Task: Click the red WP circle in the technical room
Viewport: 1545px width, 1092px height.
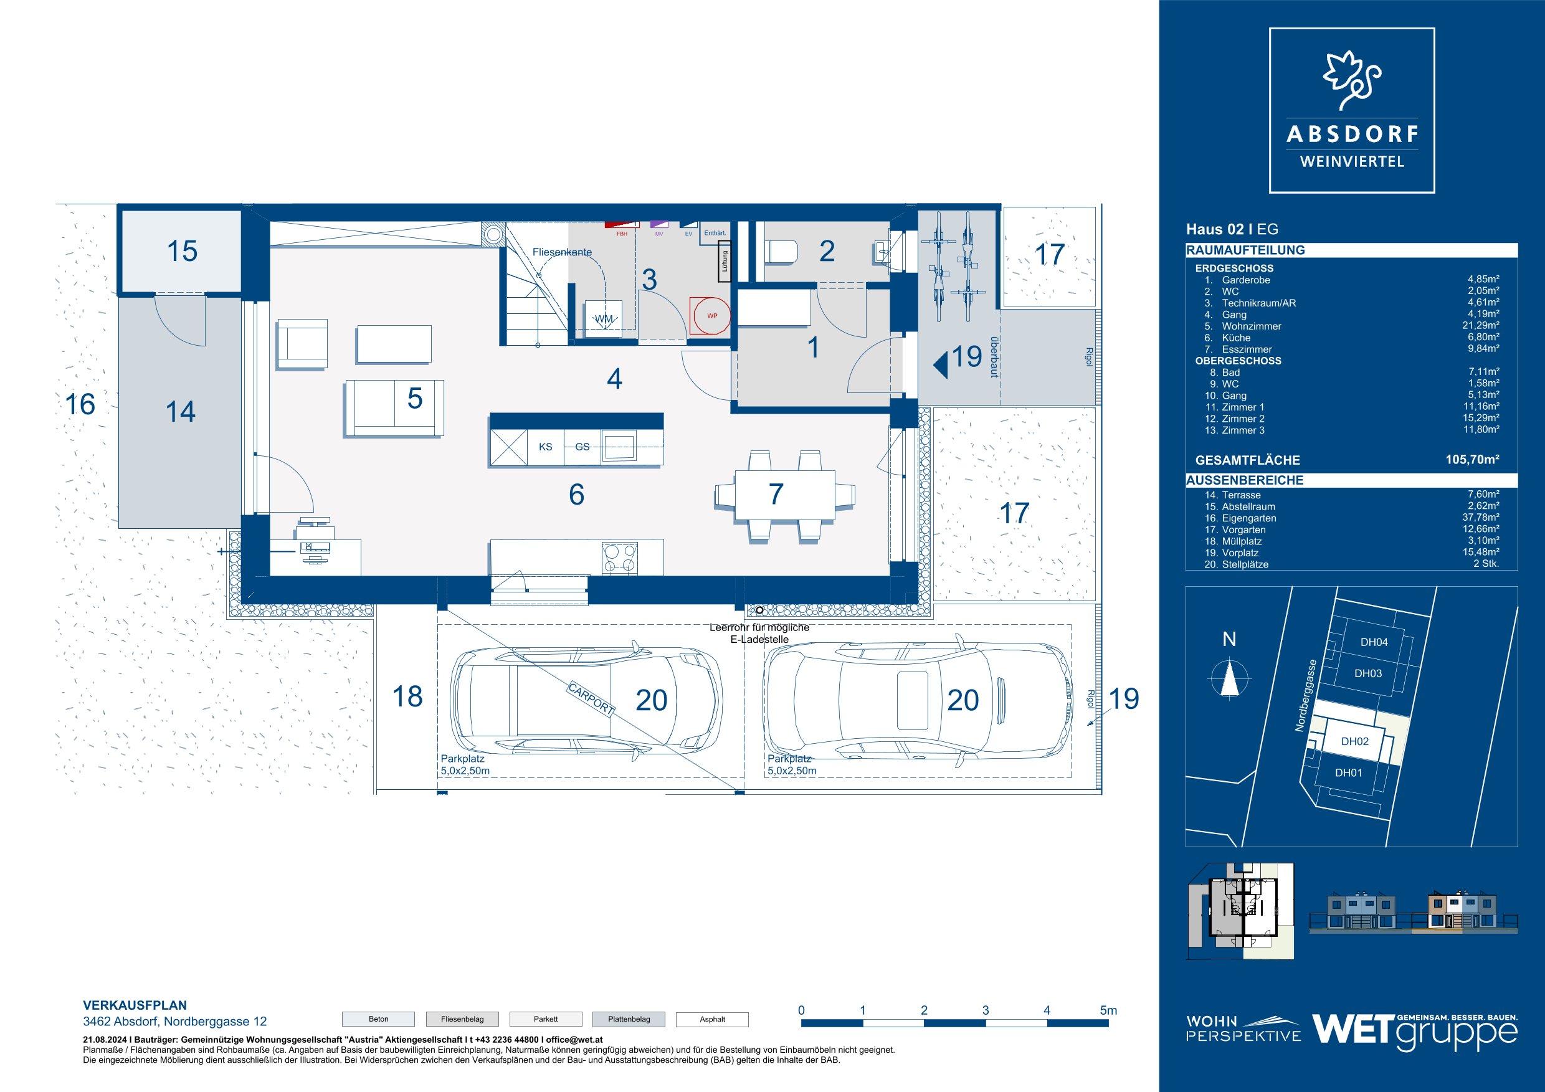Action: (x=711, y=316)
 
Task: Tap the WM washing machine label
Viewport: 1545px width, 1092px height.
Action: (x=604, y=318)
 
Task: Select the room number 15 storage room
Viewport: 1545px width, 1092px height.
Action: (x=182, y=251)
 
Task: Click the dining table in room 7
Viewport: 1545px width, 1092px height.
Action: (x=784, y=495)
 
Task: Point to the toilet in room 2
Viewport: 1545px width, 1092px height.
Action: (x=782, y=252)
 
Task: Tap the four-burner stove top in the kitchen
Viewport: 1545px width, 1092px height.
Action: (x=620, y=557)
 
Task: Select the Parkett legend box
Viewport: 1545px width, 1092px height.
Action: (x=546, y=1019)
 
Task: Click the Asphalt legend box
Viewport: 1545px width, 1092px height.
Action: (x=712, y=1019)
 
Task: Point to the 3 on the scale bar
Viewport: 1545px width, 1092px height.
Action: (x=985, y=1010)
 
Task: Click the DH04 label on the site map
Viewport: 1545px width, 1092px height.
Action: (x=1374, y=642)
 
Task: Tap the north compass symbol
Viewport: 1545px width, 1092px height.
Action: (x=1229, y=678)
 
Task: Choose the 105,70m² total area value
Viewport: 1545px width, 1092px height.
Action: (x=1472, y=460)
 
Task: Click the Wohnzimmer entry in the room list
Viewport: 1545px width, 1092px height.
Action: (x=1252, y=326)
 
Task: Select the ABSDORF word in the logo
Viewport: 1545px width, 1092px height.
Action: (x=1352, y=134)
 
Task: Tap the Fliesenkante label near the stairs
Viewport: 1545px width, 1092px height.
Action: (x=562, y=252)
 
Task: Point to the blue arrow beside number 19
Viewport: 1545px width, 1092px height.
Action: (x=941, y=363)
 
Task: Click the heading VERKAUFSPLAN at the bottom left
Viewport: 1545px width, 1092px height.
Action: (x=135, y=1005)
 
